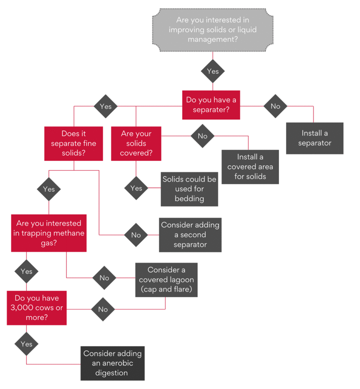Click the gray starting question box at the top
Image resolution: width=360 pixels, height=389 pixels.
pyautogui.click(x=213, y=29)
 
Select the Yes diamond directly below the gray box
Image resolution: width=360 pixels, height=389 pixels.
pyautogui.click(x=213, y=71)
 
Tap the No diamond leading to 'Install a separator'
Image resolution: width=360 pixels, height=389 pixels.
pyautogui.click(x=275, y=106)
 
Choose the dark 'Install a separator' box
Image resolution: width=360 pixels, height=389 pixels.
pyautogui.click(x=314, y=138)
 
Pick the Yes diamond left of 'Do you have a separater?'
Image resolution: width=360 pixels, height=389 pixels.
pyautogui.click(x=105, y=106)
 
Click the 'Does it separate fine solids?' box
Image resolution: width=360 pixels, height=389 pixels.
pyautogui.click(x=74, y=143)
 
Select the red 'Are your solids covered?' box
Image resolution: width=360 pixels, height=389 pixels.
pyautogui.click(x=136, y=143)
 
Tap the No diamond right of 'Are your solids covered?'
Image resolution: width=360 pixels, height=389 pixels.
pyautogui.click(x=203, y=136)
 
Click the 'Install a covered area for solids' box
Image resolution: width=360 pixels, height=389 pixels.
pyautogui.click(x=250, y=167)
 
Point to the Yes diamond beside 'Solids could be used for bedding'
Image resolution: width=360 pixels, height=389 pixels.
pyautogui.click(x=136, y=188)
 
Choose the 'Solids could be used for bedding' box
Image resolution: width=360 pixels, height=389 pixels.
pyautogui.click(x=189, y=189)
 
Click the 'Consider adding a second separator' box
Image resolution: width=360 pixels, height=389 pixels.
pyautogui.click(x=190, y=235)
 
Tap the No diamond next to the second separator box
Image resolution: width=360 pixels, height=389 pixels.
pyautogui.click(x=136, y=235)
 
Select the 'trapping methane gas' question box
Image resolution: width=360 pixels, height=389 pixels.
pyautogui.click(x=49, y=233)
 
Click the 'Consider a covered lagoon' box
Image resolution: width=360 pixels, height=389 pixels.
pyautogui.click(x=166, y=280)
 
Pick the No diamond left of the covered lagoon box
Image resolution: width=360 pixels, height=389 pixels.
pyautogui.click(x=104, y=278)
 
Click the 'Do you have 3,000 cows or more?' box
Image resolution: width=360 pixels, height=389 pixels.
pyautogui.click(x=36, y=307)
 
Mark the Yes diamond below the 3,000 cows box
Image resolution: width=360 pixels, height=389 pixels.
pyautogui.click(x=26, y=344)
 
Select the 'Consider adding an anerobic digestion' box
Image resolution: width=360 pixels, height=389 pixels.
pyautogui.click(x=113, y=363)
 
